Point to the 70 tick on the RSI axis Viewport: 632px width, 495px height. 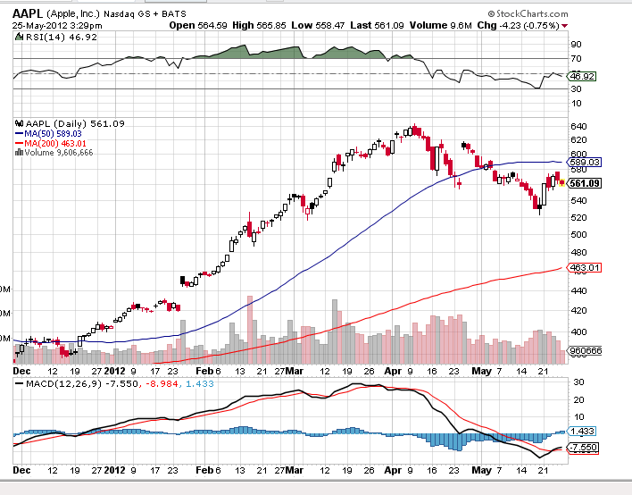[576, 59]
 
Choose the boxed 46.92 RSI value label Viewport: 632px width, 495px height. [582, 77]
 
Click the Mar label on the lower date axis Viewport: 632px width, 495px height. [295, 469]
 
